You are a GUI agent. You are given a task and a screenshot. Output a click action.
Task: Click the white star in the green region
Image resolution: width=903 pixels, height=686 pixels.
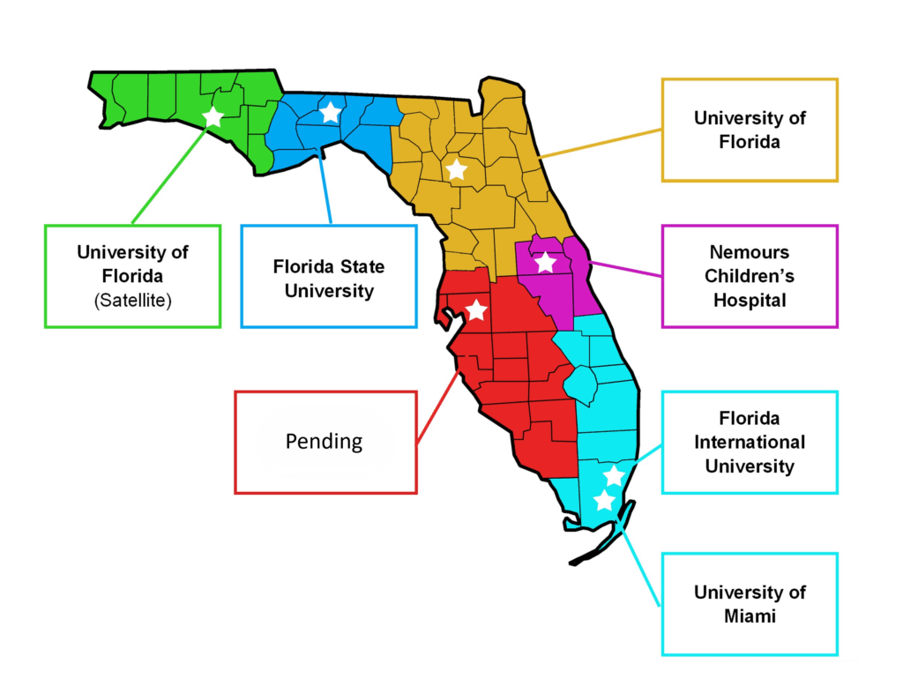(x=213, y=117)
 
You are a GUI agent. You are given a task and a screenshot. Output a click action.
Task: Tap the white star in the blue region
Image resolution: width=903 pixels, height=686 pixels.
(x=331, y=112)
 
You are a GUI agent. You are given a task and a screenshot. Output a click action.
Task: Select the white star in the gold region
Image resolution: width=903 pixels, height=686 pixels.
(x=457, y=170)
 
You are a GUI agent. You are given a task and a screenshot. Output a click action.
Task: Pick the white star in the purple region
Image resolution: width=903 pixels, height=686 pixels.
(x=545, y=263)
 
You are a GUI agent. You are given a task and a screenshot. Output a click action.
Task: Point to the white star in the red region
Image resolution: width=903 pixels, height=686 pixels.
(x=476, y=310)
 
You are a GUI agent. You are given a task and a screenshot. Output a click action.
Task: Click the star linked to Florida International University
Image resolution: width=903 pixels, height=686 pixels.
(x=614, y=476)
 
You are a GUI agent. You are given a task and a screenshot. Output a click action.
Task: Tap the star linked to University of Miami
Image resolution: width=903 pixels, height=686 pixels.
(x=604, y=501)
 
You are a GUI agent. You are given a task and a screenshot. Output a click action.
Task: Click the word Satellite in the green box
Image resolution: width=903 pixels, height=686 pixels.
(x=133, y=300)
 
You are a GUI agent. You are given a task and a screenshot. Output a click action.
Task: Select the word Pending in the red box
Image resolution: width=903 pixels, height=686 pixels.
(x=325, y=442)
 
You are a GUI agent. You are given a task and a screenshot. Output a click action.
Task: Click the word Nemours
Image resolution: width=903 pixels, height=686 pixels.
(x=750, y=252)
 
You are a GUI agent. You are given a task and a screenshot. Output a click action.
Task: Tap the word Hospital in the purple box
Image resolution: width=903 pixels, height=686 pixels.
(x=750, y=300)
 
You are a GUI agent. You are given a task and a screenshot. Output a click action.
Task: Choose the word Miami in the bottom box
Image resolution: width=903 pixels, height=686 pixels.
(x=750, y=616)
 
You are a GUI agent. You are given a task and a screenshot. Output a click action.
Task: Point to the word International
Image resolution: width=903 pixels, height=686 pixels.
(x=750, y=442)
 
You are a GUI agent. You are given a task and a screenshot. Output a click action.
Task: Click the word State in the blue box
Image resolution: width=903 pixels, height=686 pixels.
(x=362, y=266)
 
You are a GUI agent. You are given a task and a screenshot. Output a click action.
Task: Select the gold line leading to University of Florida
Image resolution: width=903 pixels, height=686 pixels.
(x=600, y=144)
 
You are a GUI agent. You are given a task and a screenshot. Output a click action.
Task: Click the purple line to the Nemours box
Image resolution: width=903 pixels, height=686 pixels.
(x=625, y=269)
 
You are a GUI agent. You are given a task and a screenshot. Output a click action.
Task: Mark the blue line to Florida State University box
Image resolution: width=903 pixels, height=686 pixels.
(x=325, y=186)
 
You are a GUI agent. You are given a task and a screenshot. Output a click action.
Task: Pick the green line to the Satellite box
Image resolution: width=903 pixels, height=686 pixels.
(x=171, y=173)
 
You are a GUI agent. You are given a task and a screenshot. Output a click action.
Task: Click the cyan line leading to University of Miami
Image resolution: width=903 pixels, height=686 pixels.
(x=638, y=563)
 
